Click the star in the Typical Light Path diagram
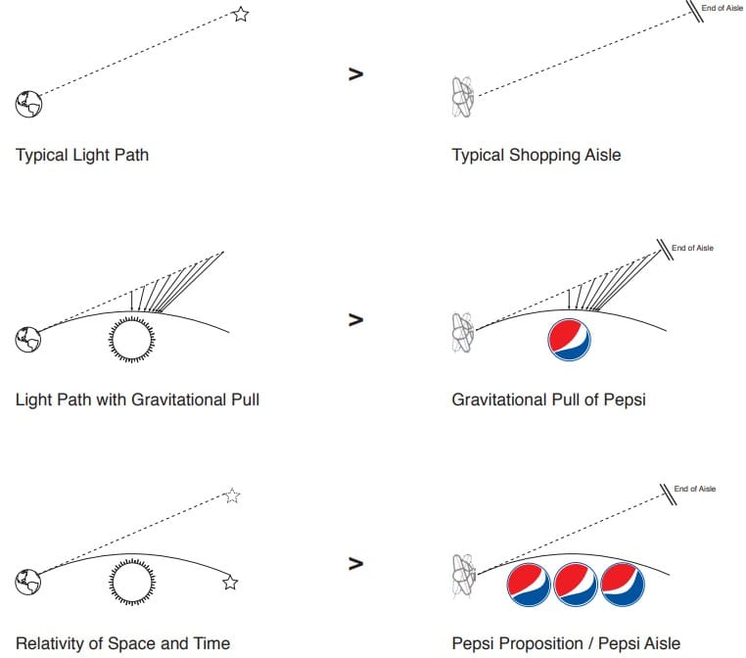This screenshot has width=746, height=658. pos(241,14)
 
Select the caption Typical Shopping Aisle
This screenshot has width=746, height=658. pos(536,155)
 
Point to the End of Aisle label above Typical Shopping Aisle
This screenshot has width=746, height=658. pos(723,9)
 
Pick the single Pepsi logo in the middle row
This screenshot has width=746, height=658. pos(569,338)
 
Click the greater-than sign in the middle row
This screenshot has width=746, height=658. pos(355,319)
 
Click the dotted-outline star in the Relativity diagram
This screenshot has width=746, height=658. pos(231,495)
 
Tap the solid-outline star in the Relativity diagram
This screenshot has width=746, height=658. pos(230,583)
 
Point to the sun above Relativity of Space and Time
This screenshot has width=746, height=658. pos(131,583)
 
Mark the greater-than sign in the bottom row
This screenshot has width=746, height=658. pos(355,564)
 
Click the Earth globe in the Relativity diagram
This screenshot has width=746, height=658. pos(27,583)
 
